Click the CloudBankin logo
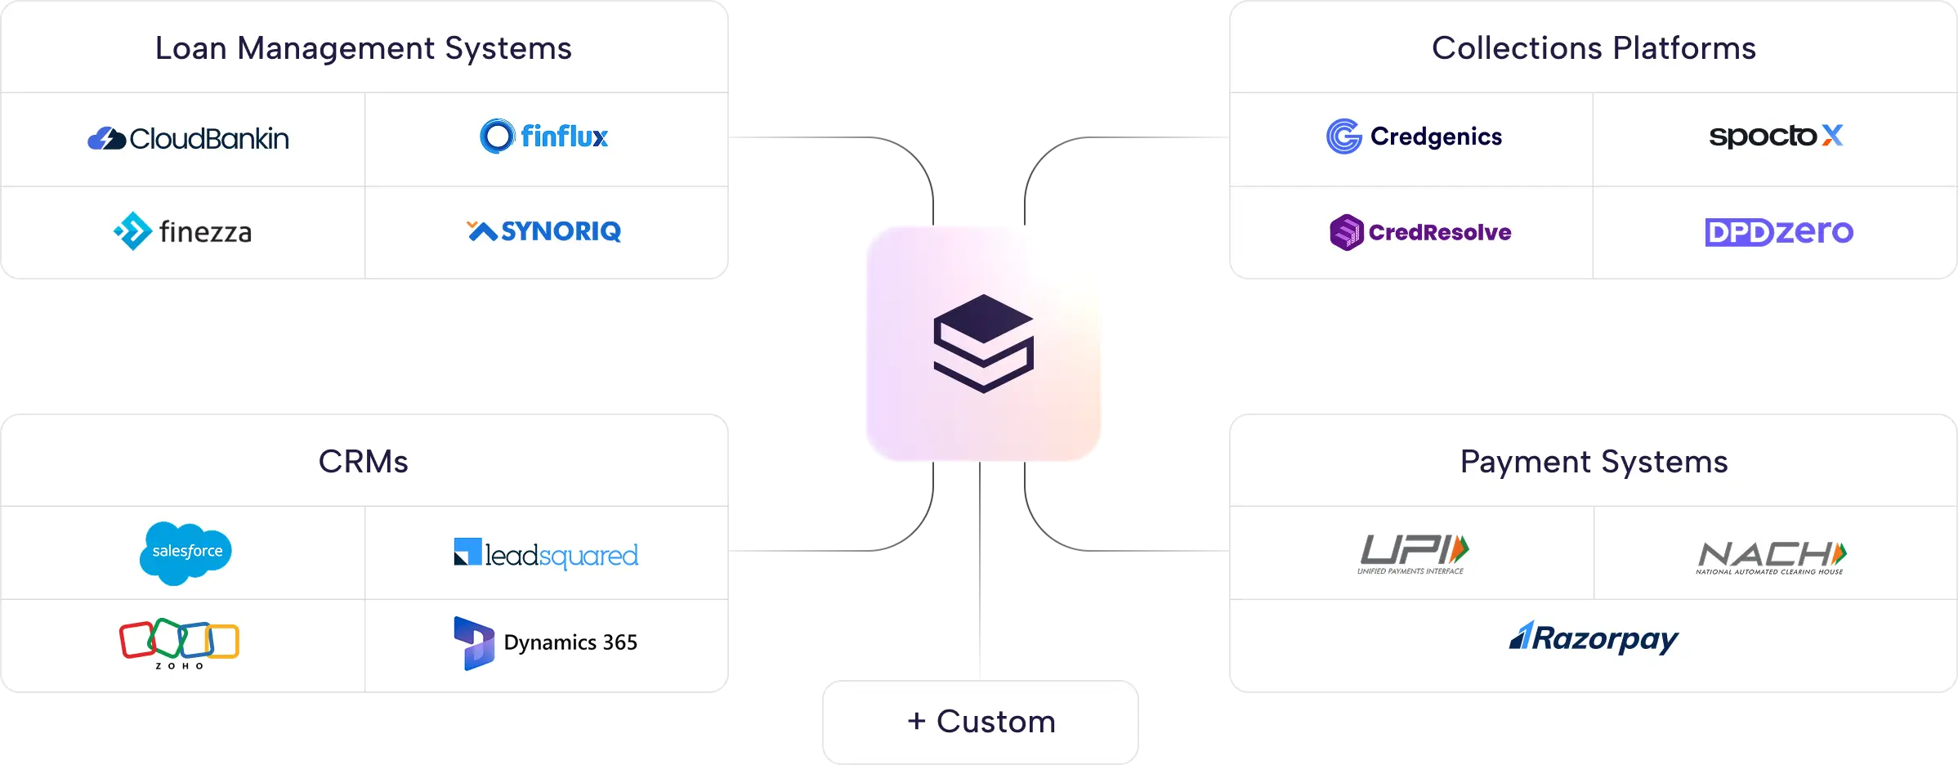[x=188, y=139]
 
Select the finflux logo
[x=544, y=136]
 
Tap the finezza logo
[x=183, y=232]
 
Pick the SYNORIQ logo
[x=544, y=231]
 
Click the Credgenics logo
[x=1414, y=136]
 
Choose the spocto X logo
[x=1776, y=136]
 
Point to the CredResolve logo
[x=1420, y=232]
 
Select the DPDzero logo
[x=1778, y=232]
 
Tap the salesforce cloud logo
[x=186, y=552]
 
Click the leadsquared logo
[x=546, y=554]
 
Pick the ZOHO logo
[x=180, y=642]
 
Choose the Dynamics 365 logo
[x=546, y=642]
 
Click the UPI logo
[x=1413, y=554]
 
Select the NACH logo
[x=1771, y=557]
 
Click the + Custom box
[x=981, y=722]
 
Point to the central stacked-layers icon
[x=984, y=343]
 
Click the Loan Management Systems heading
[x=364, y=48]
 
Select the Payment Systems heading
[x=1594, y=462]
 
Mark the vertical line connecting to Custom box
[x=977, y=572]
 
